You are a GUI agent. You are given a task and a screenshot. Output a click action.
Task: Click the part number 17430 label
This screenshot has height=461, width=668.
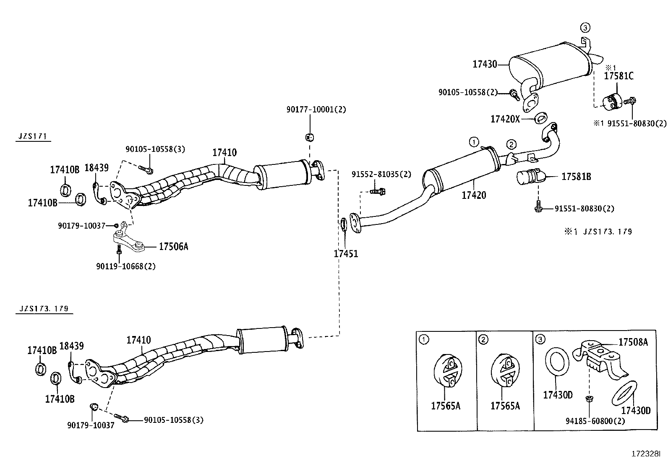pyautogui.click(x=484, y=64)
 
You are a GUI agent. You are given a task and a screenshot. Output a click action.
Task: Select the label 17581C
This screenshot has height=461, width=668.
pyautogui.click(x=618, y=76)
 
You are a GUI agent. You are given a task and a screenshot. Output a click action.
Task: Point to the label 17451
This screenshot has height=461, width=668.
pyautogui.click(x=346, y=254)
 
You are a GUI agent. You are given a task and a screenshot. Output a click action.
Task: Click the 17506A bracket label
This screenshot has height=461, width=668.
pyautogui.click(x=173, y=247)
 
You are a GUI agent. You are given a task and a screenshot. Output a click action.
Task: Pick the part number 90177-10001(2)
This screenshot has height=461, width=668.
pyautogui.click(x=316, y=109)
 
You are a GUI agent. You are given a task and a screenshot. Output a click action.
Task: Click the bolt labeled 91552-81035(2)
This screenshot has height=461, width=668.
pyautogui.click(x=378, y=191)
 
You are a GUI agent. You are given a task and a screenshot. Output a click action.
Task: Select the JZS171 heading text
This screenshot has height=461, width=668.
pyautogui.click(x=33, y=136)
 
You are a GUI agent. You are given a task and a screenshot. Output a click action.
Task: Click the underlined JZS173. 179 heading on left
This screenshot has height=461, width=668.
pyautogui.click(x=44, y=309)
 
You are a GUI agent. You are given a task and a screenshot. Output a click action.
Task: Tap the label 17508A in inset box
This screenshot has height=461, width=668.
pyautogui.click(x=633, y=342)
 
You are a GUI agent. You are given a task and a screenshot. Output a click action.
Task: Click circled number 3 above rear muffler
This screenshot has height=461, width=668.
pyautogui.click(x=585, y=28)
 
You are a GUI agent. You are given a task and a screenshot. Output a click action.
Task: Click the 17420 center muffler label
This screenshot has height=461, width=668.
pyautogui.click(x=474, y=195)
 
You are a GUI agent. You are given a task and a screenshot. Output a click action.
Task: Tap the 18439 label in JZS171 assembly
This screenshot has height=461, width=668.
pyautogui.click(x=97, y=168)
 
